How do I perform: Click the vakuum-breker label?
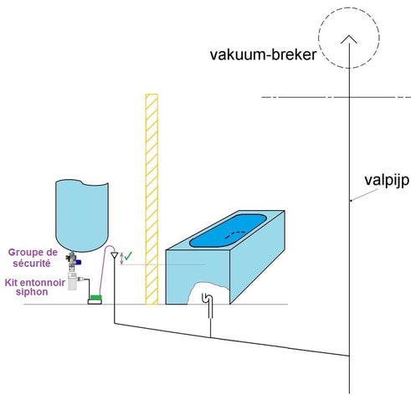pos(263,54)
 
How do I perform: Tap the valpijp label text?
pos(387,181)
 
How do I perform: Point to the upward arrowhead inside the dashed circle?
pos(349,39)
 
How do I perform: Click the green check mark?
pos(128,256)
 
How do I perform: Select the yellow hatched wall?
pos(152,199)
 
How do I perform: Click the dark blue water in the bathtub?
pos(228,230)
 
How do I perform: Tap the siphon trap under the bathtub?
pos(208,305)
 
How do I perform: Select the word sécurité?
pos(32,264)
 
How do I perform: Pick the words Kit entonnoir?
pos(35,283)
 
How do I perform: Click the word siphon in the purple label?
pos(32,292)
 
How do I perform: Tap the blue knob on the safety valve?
pos(79,262)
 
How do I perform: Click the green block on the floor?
pos(95,297)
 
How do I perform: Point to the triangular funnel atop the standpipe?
pos(115,255)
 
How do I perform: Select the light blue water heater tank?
pos(82,215)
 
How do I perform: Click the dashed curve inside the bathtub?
pos(235,234)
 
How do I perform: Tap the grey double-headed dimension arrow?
pos(121,259)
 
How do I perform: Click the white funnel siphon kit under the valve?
pos(72,281)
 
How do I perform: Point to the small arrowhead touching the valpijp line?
pos(352,200)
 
